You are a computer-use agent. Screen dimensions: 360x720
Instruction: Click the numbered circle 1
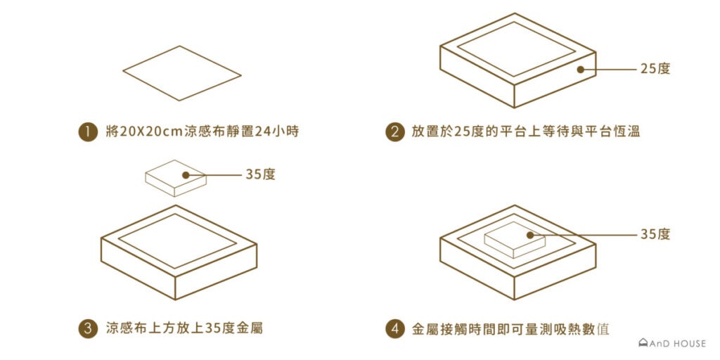click(86, 132)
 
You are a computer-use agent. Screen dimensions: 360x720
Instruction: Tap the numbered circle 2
click(394, 132)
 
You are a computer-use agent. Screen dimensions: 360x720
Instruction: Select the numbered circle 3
click(86, 328)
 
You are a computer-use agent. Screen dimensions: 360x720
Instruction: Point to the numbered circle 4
click(394, 328)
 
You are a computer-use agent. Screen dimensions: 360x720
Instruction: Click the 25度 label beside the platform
click(655, 69)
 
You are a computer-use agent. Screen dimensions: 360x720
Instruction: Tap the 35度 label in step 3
click(260, 174)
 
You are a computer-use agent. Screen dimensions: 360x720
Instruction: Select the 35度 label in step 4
click(655, 234)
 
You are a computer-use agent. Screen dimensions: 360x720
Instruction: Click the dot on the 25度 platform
click(581, 69)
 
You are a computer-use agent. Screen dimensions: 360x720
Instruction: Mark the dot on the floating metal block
click(186, 174)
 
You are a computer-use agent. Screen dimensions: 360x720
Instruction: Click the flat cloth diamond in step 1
click(181, 73)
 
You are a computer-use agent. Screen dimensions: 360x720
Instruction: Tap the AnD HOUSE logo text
click(678, 344)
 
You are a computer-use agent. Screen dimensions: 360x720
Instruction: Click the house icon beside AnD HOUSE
click(642, 344)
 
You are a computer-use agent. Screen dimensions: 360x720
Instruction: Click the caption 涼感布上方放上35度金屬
click(184, 328)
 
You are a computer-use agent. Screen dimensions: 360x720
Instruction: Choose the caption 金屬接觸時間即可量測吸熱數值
click(510, 328)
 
